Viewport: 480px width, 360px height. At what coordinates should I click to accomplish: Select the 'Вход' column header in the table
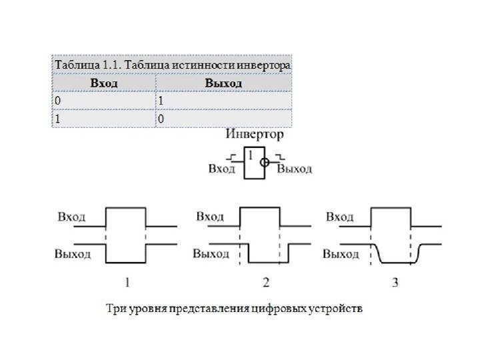click(x=103, y=83)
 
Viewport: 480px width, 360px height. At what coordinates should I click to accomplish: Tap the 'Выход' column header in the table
click(x=223, y=83)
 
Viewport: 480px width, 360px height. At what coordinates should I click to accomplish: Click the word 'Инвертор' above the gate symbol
click(x=255, y=135)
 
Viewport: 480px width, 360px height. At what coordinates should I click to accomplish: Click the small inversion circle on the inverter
click(x=265, y=162)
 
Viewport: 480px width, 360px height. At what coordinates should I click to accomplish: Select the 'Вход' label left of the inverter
click(x=222, y=169)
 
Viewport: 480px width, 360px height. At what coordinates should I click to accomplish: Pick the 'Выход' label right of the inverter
click(x=294, y=169)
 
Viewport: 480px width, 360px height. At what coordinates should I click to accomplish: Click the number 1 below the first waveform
click(x=125, y=282)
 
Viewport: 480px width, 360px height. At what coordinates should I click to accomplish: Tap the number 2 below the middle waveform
click(x=265, y=283)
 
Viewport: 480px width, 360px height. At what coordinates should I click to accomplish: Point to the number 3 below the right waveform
click(x=395, y=283)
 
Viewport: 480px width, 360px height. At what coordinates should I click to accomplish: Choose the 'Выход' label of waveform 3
click(x=341, y=253)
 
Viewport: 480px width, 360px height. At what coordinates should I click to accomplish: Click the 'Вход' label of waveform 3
click(x=339, y=217)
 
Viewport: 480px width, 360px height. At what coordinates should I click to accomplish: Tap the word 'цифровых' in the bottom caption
click(x=281, y=309)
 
